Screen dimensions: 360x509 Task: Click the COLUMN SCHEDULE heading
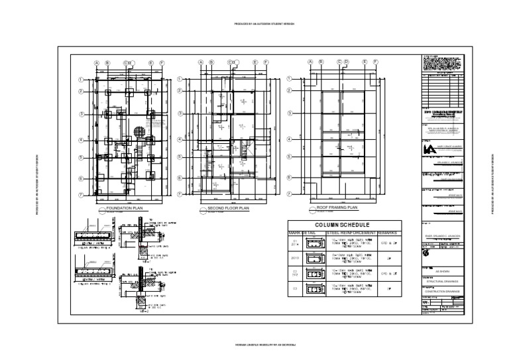[x=341, y=225]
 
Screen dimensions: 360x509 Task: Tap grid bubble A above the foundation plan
[x=97, y=63]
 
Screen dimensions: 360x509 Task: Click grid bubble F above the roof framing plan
[x=375, y=62]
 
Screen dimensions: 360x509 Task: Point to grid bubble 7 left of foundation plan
[x=80, y=196]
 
